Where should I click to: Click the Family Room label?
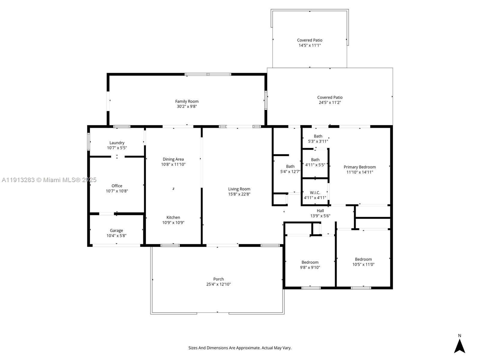coord(187,101)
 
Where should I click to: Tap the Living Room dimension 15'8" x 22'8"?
coord(239,194)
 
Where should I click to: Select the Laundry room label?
coord(117,143)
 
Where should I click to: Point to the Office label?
coord(117,186)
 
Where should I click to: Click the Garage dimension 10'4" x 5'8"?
coord(116,236)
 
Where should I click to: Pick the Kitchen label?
coord(173,217)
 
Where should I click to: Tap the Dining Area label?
coord(173,159)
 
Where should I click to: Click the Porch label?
coord(218,279)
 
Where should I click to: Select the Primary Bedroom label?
coord(359,167)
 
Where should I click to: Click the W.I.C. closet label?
coord(315,193)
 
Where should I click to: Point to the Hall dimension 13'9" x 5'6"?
coord(320,216)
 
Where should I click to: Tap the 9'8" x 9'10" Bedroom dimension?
coord(310,268)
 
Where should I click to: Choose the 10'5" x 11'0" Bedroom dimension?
coord(363,265)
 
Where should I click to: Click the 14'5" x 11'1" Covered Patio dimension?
coord(310,45)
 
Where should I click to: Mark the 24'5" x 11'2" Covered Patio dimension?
coord(330,103)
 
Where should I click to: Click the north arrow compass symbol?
coord(459,346)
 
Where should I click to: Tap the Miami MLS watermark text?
coord(49,180)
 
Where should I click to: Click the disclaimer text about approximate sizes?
coord(240,348)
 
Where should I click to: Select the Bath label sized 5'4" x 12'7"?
coord(290,166)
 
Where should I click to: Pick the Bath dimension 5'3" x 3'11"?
coord(318,141)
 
